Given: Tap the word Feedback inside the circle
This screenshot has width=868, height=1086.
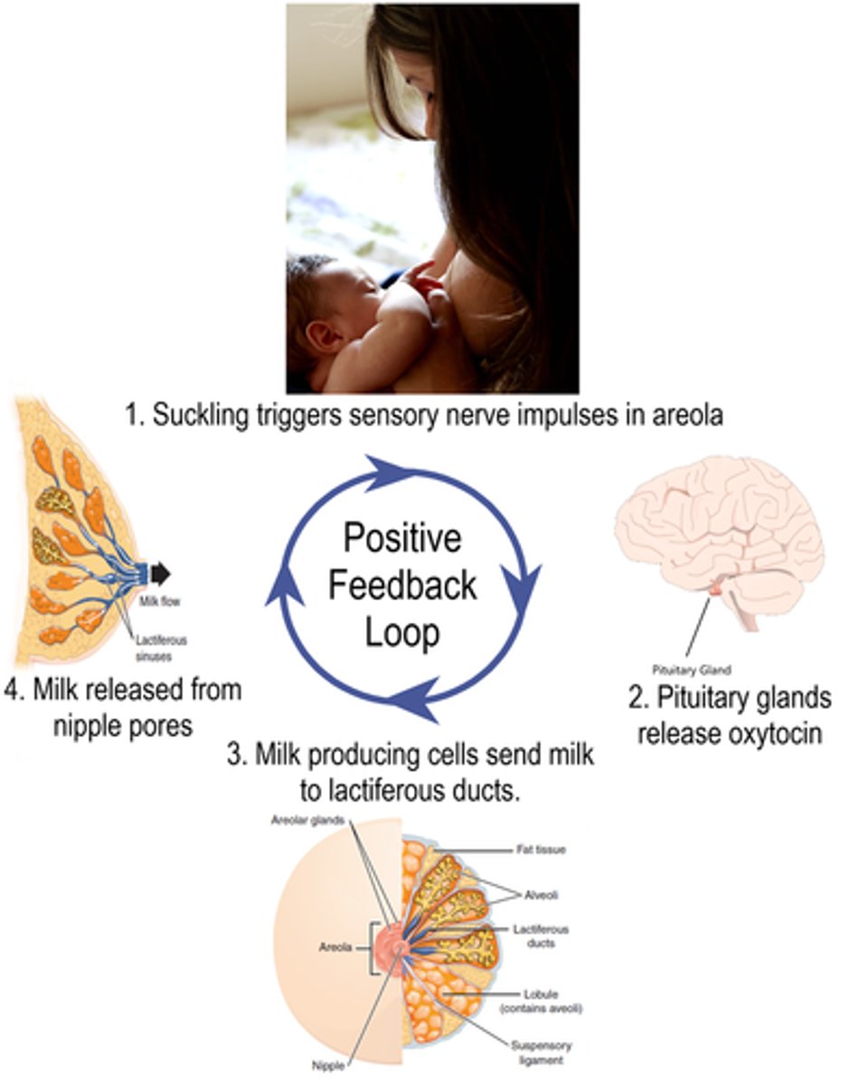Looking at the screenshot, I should pyautogui.click(x=401, y=586).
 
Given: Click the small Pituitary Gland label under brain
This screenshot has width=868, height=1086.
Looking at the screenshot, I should pyautogui.click(x=691, y=671).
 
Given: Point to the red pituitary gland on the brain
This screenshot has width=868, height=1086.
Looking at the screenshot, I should pyautogui.click(x=715, y=589).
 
